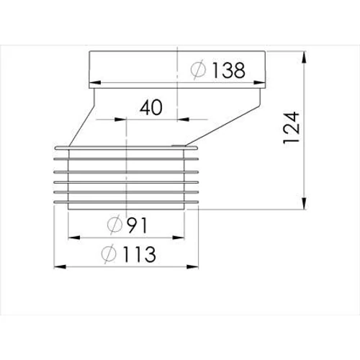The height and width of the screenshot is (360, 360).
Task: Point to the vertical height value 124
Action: (291, 130)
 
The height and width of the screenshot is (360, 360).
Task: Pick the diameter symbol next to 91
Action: (115, 226)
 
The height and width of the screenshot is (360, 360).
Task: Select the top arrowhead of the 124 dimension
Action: (309, 55)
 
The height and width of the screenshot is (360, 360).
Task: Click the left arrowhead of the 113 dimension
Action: (57, 266)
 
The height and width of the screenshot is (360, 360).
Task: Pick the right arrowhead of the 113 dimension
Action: (194, 266)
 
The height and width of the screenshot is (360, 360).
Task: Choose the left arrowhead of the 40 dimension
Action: (130, 120)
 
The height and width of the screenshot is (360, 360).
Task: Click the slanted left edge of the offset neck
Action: (80, 122)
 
